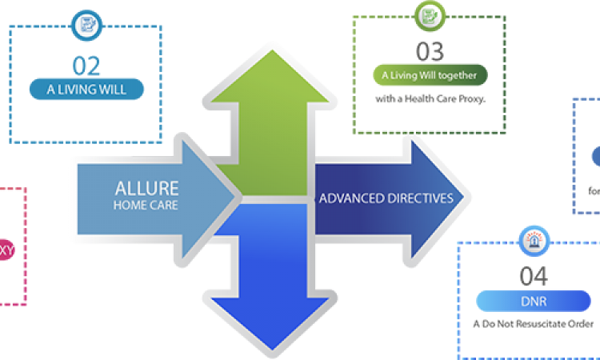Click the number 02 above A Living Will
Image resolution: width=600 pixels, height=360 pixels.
pyautogui.click(x=86, y=64)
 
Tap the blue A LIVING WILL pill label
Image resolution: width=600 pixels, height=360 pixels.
pyautogui.click(x=86, y=88)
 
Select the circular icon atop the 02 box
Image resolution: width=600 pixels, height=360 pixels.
pyautogui.click(x=86, y=25)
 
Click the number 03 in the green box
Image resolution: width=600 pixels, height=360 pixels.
pyautogui.click(x=430, y=52)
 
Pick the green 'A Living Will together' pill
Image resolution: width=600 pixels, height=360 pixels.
pyautogui.click(x=430, y=76)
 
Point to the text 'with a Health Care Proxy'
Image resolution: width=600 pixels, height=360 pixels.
pyautogui.click(x=430, y=99)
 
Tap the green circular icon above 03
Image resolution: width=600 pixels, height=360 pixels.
pyautogui.click(x=430, y=14)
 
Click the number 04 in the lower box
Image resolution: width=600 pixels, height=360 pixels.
pyautogui.click(x=534, y=277)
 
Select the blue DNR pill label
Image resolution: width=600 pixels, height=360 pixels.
pyautogui.click(x=534, y=302)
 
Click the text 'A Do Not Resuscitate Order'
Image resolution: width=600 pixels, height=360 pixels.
pyautogui.click(x=534, y=324)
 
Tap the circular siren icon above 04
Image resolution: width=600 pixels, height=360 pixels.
pyautogui.click(x=534, y=239)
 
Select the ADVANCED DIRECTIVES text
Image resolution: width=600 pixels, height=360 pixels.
pyautogui.click(x=386, y=197)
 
